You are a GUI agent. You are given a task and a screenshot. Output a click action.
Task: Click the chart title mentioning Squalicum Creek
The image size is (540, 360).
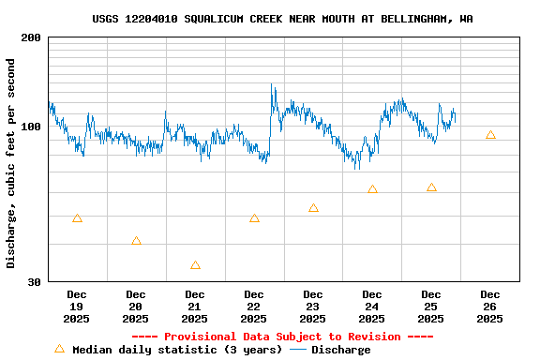282,19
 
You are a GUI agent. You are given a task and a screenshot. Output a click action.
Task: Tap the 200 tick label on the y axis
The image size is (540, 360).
31,37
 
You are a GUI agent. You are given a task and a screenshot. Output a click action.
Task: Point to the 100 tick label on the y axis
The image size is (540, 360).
31,127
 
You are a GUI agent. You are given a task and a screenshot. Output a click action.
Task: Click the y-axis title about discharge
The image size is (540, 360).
11,163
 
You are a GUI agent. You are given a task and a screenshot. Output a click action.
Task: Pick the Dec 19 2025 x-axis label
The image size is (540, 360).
77,307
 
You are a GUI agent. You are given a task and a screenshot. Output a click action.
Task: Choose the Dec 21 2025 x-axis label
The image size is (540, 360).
195,307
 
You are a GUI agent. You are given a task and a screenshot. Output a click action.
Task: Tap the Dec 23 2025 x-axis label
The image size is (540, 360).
313,307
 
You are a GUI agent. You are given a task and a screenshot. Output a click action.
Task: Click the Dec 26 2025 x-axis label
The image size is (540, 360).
489,307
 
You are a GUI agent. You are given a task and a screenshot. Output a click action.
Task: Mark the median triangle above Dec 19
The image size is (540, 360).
77,218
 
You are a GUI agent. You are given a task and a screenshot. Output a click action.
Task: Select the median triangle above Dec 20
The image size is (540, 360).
136,241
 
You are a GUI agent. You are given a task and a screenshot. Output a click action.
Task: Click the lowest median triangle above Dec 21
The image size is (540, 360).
195,265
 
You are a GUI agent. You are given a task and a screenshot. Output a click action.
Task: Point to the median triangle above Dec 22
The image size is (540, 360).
254,218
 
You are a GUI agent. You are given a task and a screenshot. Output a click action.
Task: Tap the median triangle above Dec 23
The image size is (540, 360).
313,208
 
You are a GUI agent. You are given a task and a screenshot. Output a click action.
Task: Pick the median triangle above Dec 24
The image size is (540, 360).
372,189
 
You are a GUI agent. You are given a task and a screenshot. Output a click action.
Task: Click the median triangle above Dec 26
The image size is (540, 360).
490,135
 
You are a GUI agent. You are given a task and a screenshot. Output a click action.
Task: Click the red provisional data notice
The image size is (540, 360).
282,337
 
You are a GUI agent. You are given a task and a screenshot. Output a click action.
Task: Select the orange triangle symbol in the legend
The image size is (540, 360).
59,349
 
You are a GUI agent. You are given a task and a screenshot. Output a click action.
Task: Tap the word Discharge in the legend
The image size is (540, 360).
340,350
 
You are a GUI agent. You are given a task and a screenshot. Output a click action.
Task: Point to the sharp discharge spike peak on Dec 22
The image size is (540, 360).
272,84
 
